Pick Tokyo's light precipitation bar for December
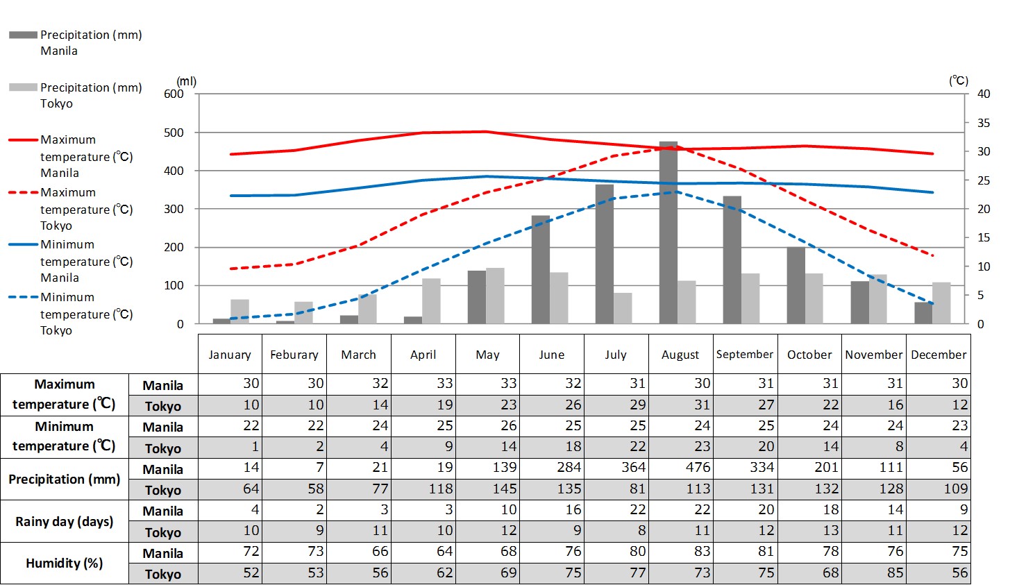click(x=941, y=303)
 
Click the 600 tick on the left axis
click(x=174, y=94)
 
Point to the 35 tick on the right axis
click(x=984, y=123)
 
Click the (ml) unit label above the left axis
click(x=187, y=81)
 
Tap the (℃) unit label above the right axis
click(x=959, y=80)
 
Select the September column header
click(x=745, y=355)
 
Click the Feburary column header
click(x=294, y=355)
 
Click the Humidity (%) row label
click(x=65, y=563)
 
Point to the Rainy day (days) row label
click(x=65, y=521)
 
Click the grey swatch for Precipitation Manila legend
click(x=23, y=35)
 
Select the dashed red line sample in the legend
click(x=23, y=192)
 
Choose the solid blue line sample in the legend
click(x=23, y=244)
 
